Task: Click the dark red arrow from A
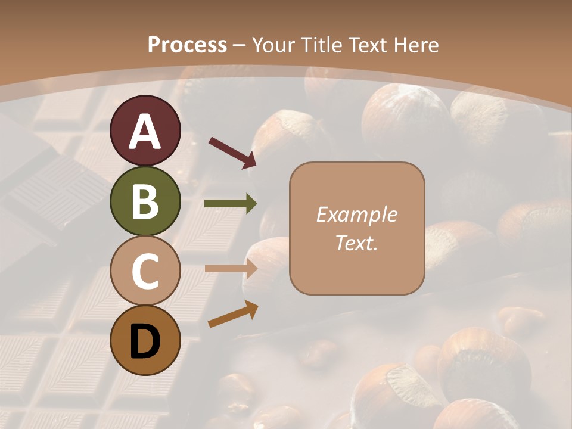pos(232,152)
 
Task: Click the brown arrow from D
pos(233,315)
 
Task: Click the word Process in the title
pos(187,45)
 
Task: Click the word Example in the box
pos(357,214)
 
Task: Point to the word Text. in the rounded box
pos(357,243)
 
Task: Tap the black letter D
pos(145,341)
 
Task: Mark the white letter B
pos(145,201)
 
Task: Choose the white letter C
pos(145,271)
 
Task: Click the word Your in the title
pos(273,45)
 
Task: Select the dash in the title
pos(240,45)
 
